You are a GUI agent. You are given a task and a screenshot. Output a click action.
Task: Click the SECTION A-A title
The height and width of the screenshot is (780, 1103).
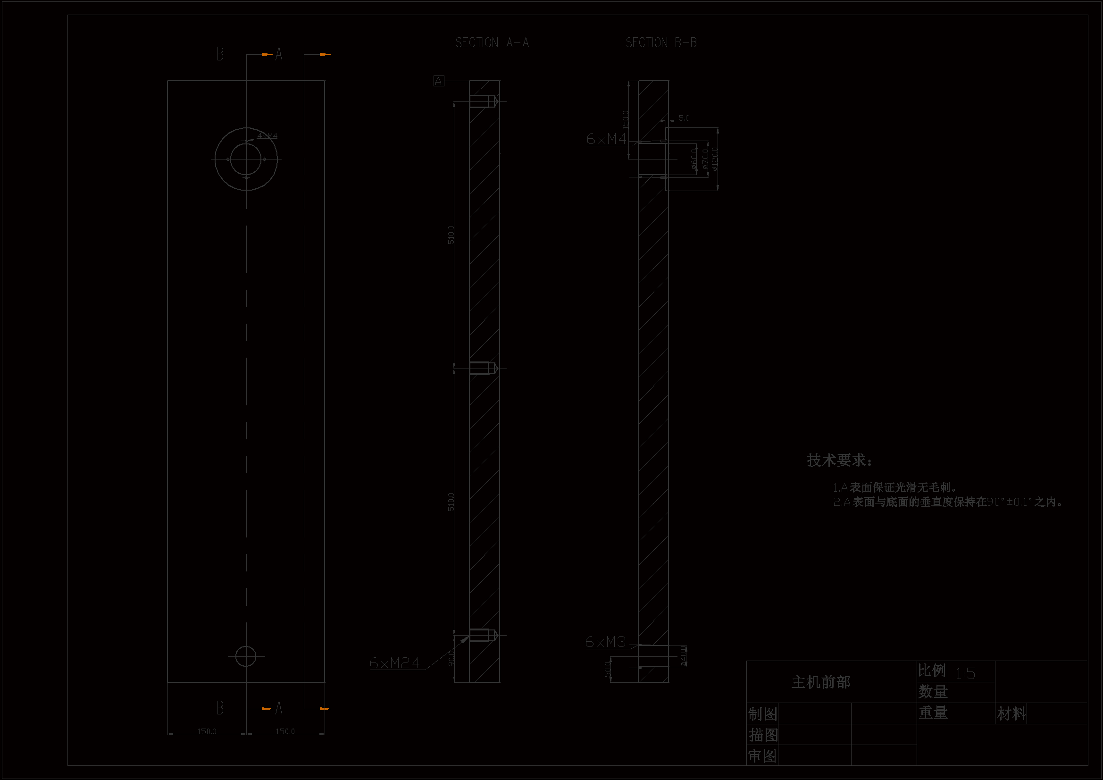pyautogui.click(x=492, y=43)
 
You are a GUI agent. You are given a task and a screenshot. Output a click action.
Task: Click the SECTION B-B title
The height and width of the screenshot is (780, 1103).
pyautogui.click(x=661, y=43)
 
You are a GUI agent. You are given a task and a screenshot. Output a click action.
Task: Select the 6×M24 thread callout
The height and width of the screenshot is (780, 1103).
pyautogui.click(x=394, y=663)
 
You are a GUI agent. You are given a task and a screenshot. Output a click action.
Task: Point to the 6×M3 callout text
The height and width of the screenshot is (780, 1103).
pyautogui.click(x=605, y=642)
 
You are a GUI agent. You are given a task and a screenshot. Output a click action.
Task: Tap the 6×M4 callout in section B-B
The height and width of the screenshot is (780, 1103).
pyautogui.click(x=606, y=139)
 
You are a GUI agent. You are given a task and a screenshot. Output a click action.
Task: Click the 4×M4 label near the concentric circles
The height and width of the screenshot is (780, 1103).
pyautogui.click(x=267, y=136)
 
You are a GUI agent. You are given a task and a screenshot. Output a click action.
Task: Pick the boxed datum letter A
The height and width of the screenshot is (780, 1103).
pyautogui.click(x=439, y=81)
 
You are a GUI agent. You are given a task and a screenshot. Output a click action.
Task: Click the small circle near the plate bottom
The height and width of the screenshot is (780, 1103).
pyautogui.click(x=245, y=656)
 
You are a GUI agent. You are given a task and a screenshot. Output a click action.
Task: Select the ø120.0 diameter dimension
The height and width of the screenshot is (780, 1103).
pyautogui.click(x=715, y=159)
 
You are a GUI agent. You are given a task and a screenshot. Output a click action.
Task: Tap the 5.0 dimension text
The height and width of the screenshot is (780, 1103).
pyautogui.click(x=684, y=118)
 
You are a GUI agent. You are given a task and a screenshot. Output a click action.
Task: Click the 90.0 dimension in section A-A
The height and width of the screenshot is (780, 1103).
pyautogui.click(x=451, y=658)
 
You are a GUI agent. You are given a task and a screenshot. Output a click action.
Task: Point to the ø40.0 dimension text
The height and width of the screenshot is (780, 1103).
pyautogui.click(x=684, y=656)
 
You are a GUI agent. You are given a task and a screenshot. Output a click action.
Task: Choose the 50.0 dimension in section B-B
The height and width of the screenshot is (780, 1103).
pyautogui.click(x=607, y=669)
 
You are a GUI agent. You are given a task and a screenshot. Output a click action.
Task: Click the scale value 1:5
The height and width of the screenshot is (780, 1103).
pyautogui.click(x=965, y=673)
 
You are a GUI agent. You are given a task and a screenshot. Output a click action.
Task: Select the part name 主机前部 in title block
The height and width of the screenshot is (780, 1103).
pyautogui.click(x=821, y=682)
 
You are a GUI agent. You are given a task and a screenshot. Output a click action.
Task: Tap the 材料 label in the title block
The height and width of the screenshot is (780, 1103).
pyautogui.click(x=1011, y=713)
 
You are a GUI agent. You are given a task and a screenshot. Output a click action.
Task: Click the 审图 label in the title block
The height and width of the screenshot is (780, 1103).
pyautogui.click(x=763, y=756)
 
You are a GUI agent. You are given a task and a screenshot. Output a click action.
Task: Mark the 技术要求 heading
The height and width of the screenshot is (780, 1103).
pyautogui.click(x=839, y=461)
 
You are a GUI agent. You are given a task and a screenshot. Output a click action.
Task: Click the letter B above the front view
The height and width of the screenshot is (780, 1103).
pyautogui.click(x=220, y=54)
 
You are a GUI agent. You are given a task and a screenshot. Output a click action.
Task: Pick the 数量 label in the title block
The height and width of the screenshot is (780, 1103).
pyautogui.click(x=933, y=692)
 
